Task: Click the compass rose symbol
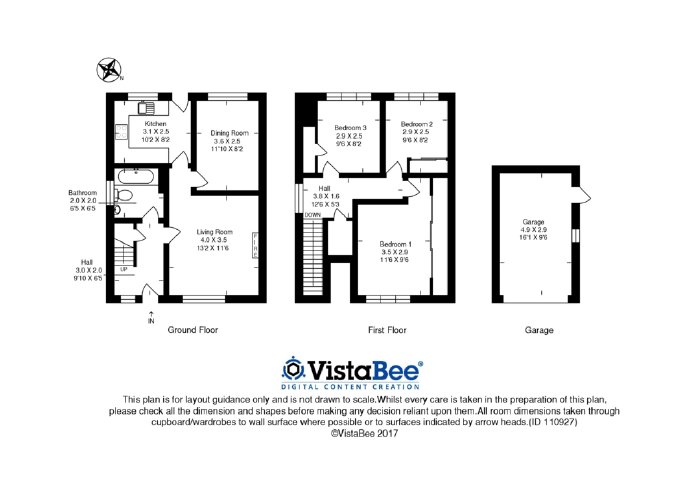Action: pos(108,70)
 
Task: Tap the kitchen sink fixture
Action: pos(146,108)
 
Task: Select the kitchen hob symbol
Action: pos(121,132)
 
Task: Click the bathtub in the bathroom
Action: pos(136,176)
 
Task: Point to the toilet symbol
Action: pos(124,195)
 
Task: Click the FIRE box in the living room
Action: pos(255,245)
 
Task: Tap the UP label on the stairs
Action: pos(124,269)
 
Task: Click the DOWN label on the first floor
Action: pos(312,215)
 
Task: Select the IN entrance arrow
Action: pos(151,317)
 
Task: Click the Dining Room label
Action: pos(229,133)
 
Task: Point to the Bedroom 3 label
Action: pos(350,128)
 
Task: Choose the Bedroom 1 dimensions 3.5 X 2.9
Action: pos(394,252)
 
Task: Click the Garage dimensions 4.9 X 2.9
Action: pos(533,230)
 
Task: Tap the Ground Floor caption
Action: pos(193,330)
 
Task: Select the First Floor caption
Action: pos(387,330)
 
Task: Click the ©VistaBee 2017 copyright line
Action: pos(364,434)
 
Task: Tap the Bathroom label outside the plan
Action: pos(82,193)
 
